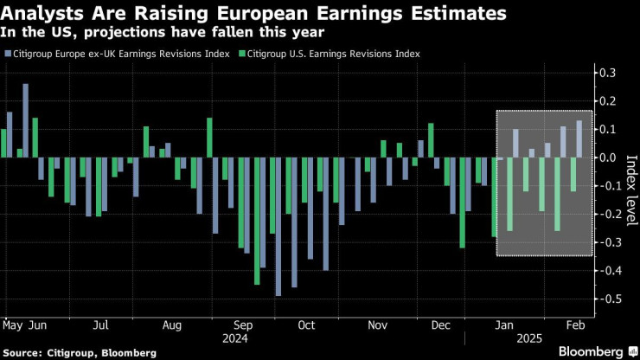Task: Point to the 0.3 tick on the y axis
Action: pos(610,72)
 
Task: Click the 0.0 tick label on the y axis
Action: pos(610,157)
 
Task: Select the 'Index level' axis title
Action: pos(629,186)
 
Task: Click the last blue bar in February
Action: pos(579,138)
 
